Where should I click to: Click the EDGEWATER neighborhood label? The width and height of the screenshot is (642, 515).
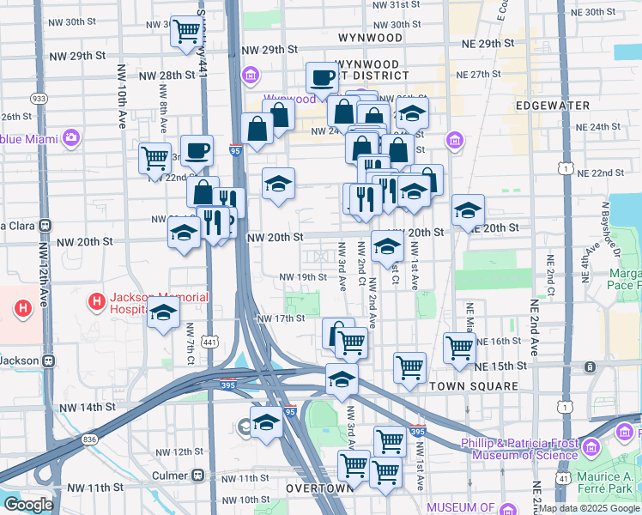pos(553,105)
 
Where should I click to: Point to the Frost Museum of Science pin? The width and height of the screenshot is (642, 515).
pos(591,446)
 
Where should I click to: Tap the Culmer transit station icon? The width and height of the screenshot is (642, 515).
pos(198,475)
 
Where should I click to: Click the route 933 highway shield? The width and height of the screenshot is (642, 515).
pos(39,99)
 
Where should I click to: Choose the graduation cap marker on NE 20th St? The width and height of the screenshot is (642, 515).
pos(468,209)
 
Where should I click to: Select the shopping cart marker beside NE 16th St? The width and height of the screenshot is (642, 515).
pos(459,348)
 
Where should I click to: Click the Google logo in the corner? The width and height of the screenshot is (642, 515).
pos(28,505)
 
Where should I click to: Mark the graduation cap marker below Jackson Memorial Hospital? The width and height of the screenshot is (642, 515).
pos(162,316)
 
